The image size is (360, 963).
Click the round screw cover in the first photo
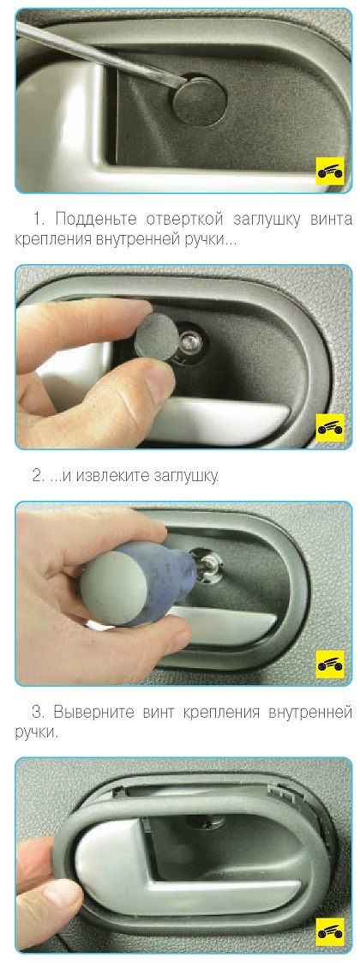tap(199, 99)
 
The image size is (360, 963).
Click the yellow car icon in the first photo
tap(330, 172)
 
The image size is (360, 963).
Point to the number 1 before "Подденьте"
tap(36, 220)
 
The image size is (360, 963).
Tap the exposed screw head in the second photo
tap(192, 339)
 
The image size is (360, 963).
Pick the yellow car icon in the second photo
tap(330, 428)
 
